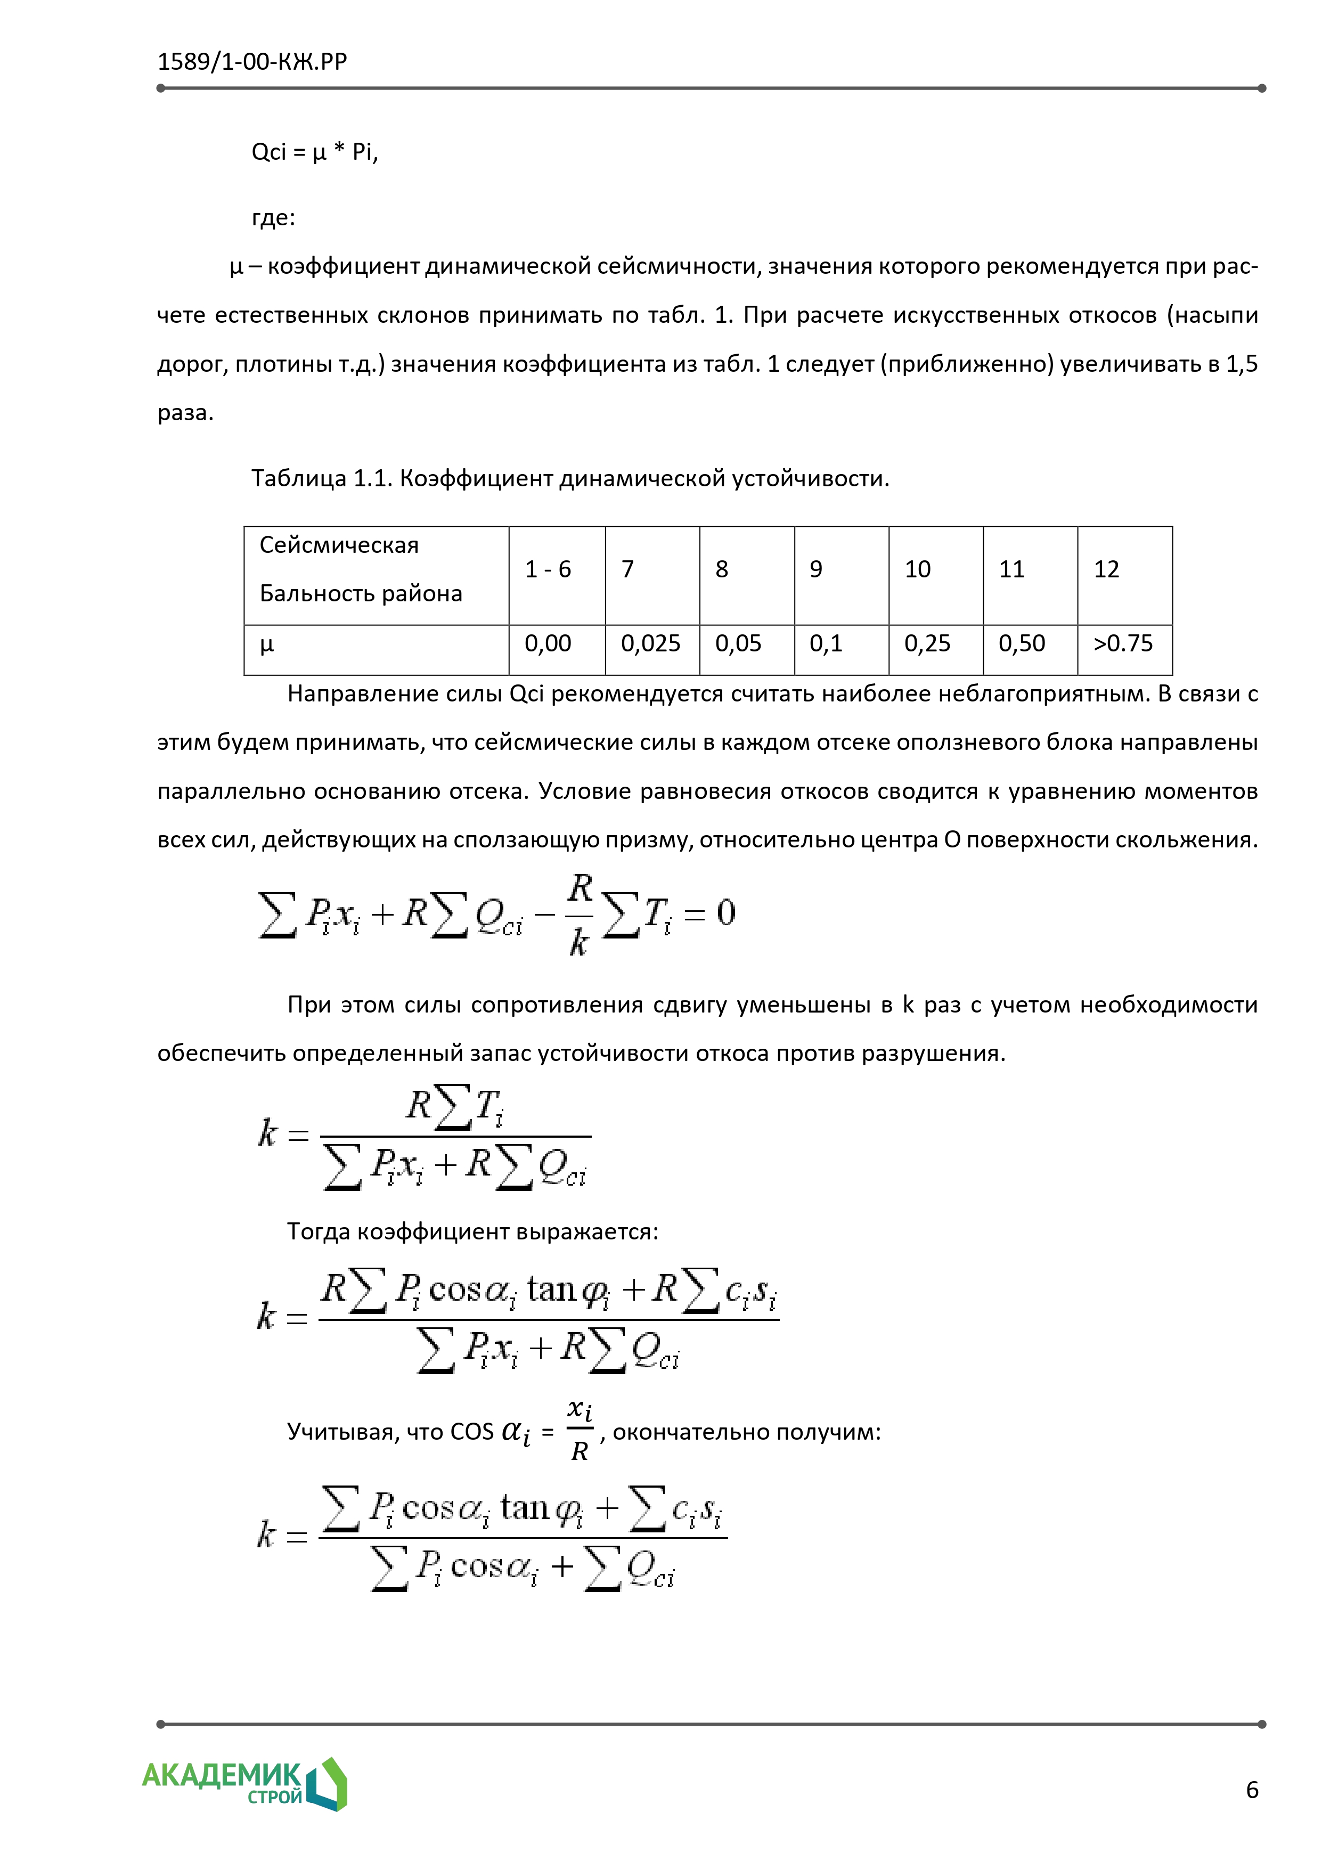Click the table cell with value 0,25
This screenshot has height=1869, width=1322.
click(x=927, y=644)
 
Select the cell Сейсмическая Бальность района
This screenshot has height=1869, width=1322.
click(x=361, y=569)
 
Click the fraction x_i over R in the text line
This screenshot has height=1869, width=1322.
click(x=580, y=1430)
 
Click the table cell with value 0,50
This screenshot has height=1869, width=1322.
click(x=1022, y=644)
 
